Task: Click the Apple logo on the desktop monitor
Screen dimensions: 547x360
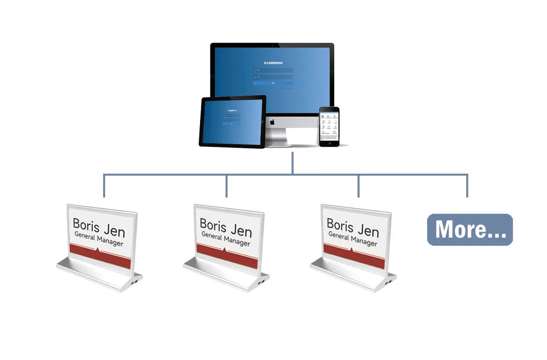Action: click(x=272, y=122)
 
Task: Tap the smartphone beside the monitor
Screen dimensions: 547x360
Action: click(x=329, y=126)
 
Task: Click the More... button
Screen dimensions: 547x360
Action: click(x=470, y=230)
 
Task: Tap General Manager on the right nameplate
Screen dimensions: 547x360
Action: click(x=352, y=239)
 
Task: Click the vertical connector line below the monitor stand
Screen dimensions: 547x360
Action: click(x=293, y=162)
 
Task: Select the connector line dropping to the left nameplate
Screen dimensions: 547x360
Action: click(x=104, y=186)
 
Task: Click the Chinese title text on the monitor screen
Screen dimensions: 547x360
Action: click(x=273, y=63)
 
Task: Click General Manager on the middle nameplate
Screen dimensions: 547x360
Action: click(x=226, y=239)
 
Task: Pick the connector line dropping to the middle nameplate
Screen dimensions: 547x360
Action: click(x=227, y=186)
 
